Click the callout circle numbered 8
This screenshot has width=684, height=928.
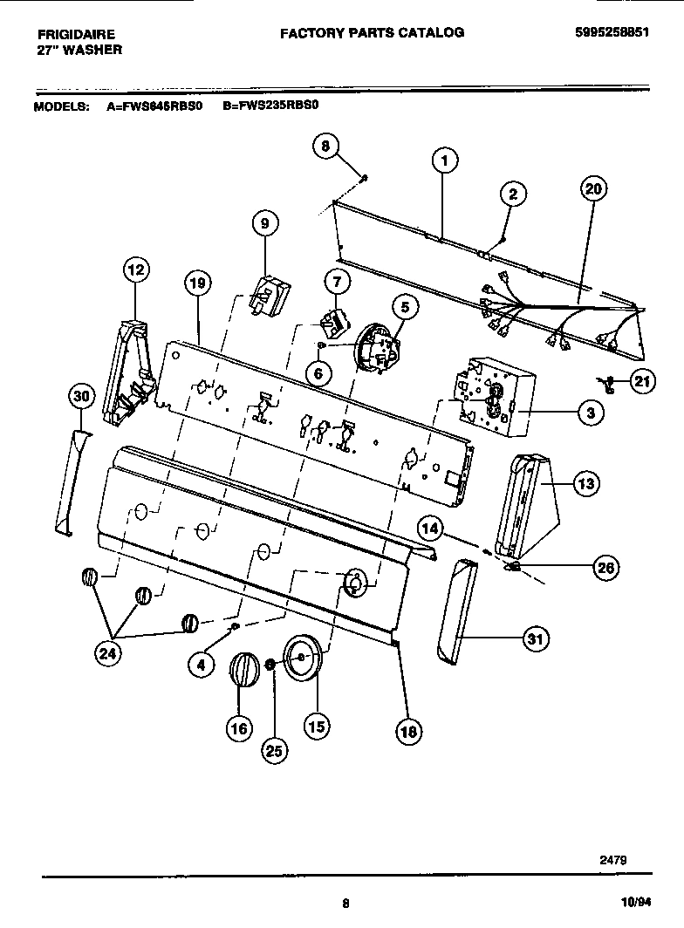(325, 147)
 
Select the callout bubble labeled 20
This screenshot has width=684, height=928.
(593, 189)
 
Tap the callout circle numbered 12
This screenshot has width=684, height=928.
(136, 270)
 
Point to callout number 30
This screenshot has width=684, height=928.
(81, 397)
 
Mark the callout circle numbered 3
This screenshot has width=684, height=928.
(591, 413)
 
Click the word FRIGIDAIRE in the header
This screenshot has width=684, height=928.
(76, 34)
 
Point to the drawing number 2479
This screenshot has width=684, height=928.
(612, 859)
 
